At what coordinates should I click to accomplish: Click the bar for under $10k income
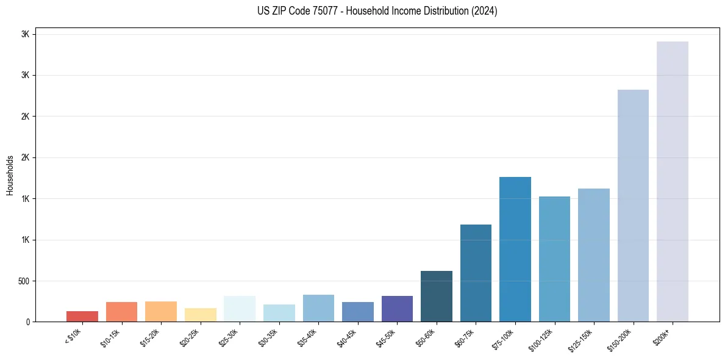click(x=82, y=316)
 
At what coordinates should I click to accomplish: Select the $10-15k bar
click(x=121, y=312)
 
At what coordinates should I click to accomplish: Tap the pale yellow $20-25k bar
click(x=200, y=315)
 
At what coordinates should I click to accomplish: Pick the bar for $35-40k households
click(x=318, y=308)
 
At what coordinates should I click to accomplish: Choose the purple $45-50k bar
click(x=397, y=309)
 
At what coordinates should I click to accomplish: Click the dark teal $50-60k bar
click(x=437, y=296)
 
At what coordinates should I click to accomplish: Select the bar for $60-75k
click(x=476, y=273)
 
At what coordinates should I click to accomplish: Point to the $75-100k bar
click(x=515, y=249)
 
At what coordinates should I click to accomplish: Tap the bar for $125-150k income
click(x=594, y=255)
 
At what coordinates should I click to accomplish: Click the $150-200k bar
click(x=633, y=206)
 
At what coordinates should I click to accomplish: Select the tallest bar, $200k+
click(x=673, y=181)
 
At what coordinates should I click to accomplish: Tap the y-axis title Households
click(x=10, y=175)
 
